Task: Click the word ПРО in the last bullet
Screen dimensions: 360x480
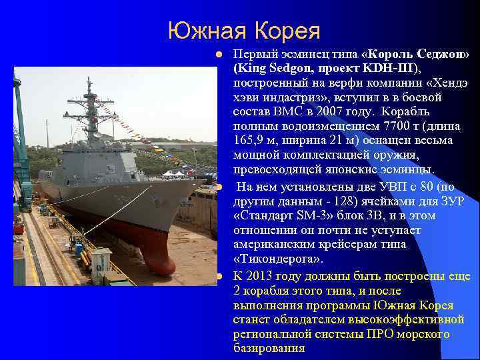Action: (x=377, y=334)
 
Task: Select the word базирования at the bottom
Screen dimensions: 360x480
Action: (x=269, y=348)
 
